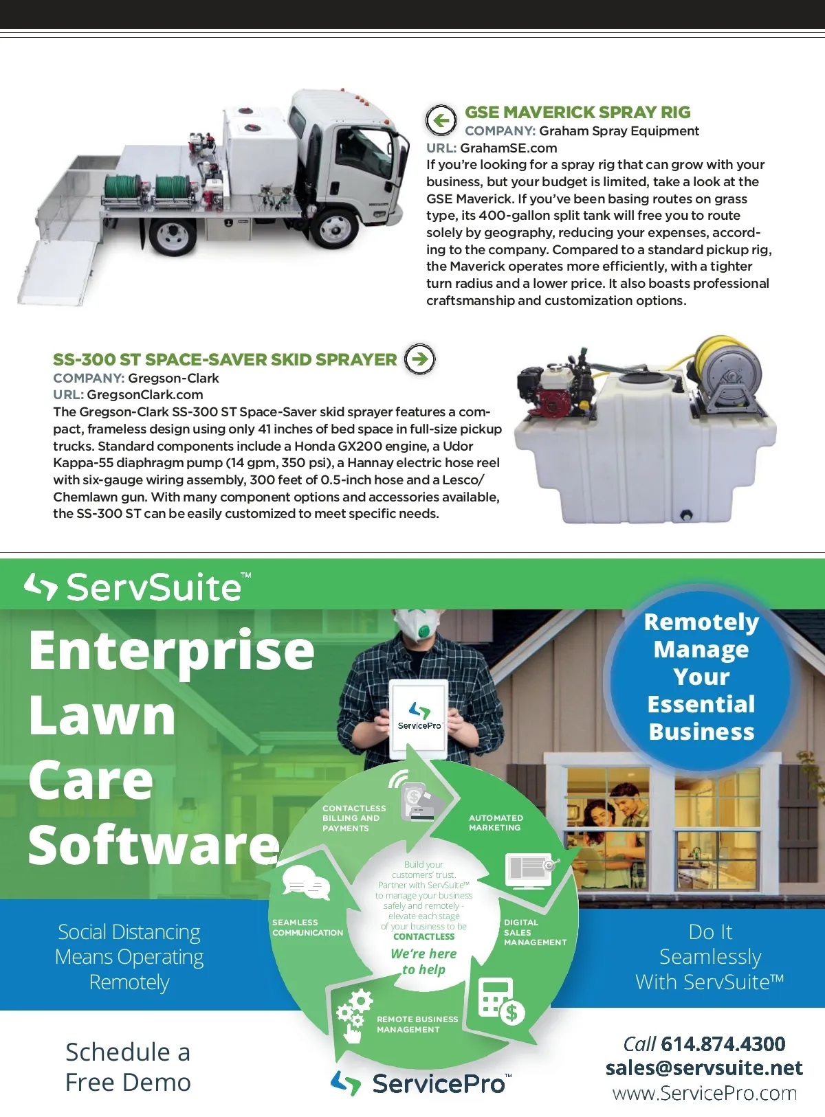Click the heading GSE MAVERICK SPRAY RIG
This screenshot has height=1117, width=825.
[577, 112]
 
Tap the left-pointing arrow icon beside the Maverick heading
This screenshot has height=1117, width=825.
[441, 121]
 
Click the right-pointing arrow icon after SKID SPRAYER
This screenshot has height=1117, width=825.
[419, 359]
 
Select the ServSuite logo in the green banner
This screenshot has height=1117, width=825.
[137, 587]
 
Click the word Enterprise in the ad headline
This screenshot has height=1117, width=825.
[171, 650]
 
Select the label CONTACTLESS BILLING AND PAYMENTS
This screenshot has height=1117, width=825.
[353, 818]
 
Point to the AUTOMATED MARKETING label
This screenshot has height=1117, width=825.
[496, 822]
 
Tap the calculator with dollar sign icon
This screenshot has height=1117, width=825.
[500, 1001]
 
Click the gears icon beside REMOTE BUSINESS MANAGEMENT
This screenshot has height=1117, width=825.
[353, 1013]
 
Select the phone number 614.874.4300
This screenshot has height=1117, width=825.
[723, 1043]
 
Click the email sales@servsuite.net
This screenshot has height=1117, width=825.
[704, 1068]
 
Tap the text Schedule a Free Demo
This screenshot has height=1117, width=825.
[128, 1066]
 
